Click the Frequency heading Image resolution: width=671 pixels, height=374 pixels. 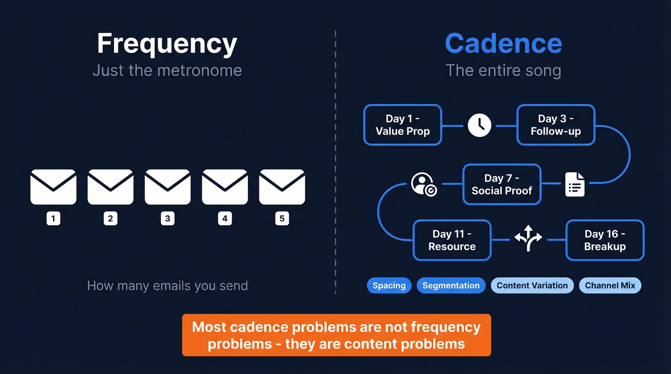click(x=167, y=44)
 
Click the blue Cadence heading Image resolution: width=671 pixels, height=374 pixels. click(x=503, y=44)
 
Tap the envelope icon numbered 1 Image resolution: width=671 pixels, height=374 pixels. click(x=53, y=187)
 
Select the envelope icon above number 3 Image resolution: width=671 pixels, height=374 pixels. click(x=167, y=187)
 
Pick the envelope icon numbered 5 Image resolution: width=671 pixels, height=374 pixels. click(x=282, y=187)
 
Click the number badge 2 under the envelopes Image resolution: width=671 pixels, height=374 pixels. click(x=110, y=219)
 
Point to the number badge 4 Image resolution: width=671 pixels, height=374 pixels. click(x=224, y=219)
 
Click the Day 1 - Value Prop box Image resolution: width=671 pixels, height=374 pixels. click(x=403, y=125)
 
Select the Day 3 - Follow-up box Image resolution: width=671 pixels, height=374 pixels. click(x=555, y=125)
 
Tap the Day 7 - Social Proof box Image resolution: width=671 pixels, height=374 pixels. click(x=501, y=184)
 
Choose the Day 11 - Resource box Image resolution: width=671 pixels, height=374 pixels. click(x=452, y=240)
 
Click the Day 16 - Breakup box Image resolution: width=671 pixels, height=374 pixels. click(x=605, y=240)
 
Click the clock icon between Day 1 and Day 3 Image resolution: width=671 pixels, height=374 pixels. click(x=479, y=125)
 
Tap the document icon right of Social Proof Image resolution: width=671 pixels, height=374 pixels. click(x=575, y=184)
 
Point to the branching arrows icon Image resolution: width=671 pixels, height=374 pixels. click(x=528, y=238)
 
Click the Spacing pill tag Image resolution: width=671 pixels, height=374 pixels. click(x=389, y=286)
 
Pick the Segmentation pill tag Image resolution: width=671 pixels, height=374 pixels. click(x=451, y=286)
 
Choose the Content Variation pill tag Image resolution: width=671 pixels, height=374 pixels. click(x=532, y=286)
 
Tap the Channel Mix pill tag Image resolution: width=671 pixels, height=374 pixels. click(x=610, y=286)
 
